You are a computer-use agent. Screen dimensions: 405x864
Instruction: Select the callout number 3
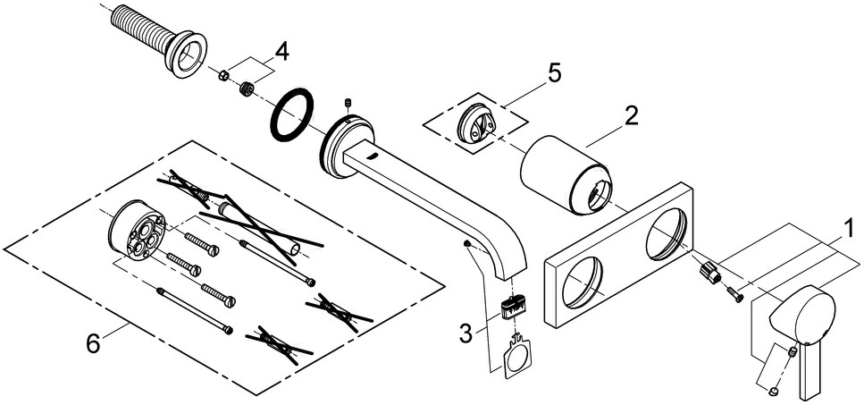pos(465,333)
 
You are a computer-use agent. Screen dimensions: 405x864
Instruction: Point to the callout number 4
pos(281,52)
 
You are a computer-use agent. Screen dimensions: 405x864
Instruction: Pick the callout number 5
pos(554,72)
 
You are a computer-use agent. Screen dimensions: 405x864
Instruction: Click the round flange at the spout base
pos(339,147)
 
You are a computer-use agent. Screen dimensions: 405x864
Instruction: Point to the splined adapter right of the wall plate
pos(709,271)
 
